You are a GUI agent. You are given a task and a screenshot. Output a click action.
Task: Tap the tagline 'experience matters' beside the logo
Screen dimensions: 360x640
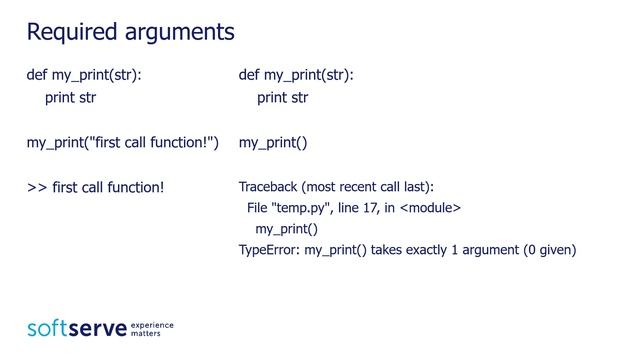coord(153,329)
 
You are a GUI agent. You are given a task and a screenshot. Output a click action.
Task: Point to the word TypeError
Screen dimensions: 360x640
coord(268,249)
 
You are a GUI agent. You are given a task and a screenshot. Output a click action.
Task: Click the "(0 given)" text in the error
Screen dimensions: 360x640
coord(549,249)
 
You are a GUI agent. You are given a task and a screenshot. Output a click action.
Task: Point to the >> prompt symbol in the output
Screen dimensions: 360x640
coord(36,187)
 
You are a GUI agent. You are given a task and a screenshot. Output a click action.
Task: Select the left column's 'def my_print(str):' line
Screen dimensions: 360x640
coord(83,75)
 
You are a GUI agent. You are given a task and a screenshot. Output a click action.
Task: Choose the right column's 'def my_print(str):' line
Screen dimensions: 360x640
coord(296,75)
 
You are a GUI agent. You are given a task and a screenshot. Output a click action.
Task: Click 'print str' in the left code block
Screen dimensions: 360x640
coord(70,98)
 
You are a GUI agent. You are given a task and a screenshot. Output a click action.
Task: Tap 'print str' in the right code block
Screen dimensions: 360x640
coord(282,98)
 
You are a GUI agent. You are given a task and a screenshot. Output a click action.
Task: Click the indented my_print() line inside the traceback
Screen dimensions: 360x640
coord(286,228)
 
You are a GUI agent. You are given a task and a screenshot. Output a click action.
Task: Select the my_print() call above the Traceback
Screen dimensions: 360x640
coord(272,143)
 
